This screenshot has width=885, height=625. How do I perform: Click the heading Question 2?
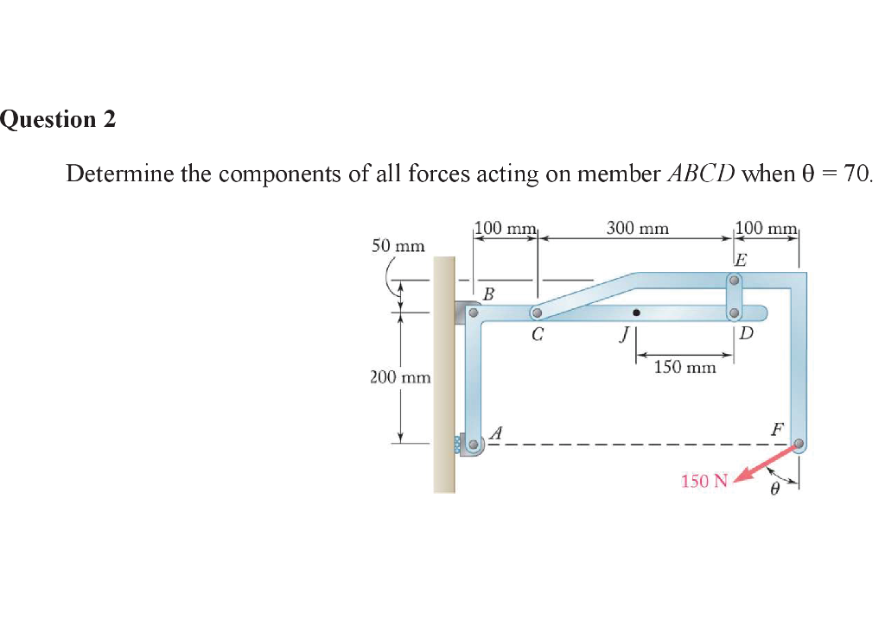[58, 119]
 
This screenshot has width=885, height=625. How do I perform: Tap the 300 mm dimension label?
[637, 229]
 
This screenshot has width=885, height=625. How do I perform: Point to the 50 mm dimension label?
[398, 246]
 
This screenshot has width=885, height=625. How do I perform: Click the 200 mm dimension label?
[394, 377]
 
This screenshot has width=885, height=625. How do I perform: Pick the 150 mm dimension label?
[684, 368]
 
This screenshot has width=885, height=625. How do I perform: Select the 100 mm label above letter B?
[506, 229]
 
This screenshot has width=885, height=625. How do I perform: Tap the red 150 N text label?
[704, 481]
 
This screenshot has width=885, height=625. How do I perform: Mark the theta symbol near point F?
[775, 489]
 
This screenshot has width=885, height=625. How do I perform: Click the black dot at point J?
[636, 312]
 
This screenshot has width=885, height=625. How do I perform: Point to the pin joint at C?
[537, 313]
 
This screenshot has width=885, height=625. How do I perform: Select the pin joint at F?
[799, 445]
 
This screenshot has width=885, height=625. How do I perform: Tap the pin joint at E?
[734, 281]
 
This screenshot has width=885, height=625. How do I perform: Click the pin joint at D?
[734, 312]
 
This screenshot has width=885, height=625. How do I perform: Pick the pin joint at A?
[473, 446]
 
